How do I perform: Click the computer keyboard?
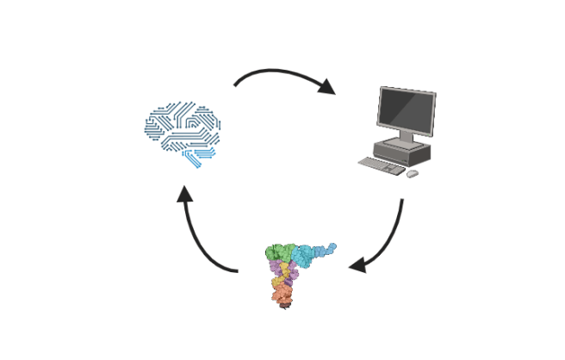click(x=380, y=165)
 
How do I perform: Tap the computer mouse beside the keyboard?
click(x=413, y=173)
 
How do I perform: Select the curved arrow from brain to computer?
click(x=276, y=72)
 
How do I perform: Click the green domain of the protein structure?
click(x=279, y=253)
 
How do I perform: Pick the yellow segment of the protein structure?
click(x=278, y=282)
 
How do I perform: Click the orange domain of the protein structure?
click(x=281, y=295)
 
